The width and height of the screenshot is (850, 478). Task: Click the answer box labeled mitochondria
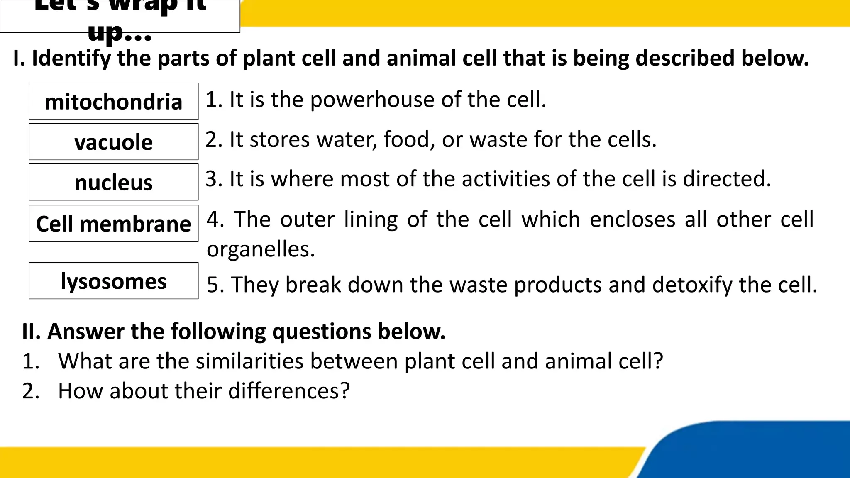click(113, 102)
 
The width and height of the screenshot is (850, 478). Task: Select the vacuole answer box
click(113, 142)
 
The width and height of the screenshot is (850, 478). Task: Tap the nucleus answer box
click(113, 183)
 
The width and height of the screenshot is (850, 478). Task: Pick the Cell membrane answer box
click(113, 224)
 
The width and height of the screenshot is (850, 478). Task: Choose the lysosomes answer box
click(113, 281)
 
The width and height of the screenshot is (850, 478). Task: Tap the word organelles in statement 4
click(261, 249)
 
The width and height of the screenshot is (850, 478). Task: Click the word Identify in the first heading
click(72, 59)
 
